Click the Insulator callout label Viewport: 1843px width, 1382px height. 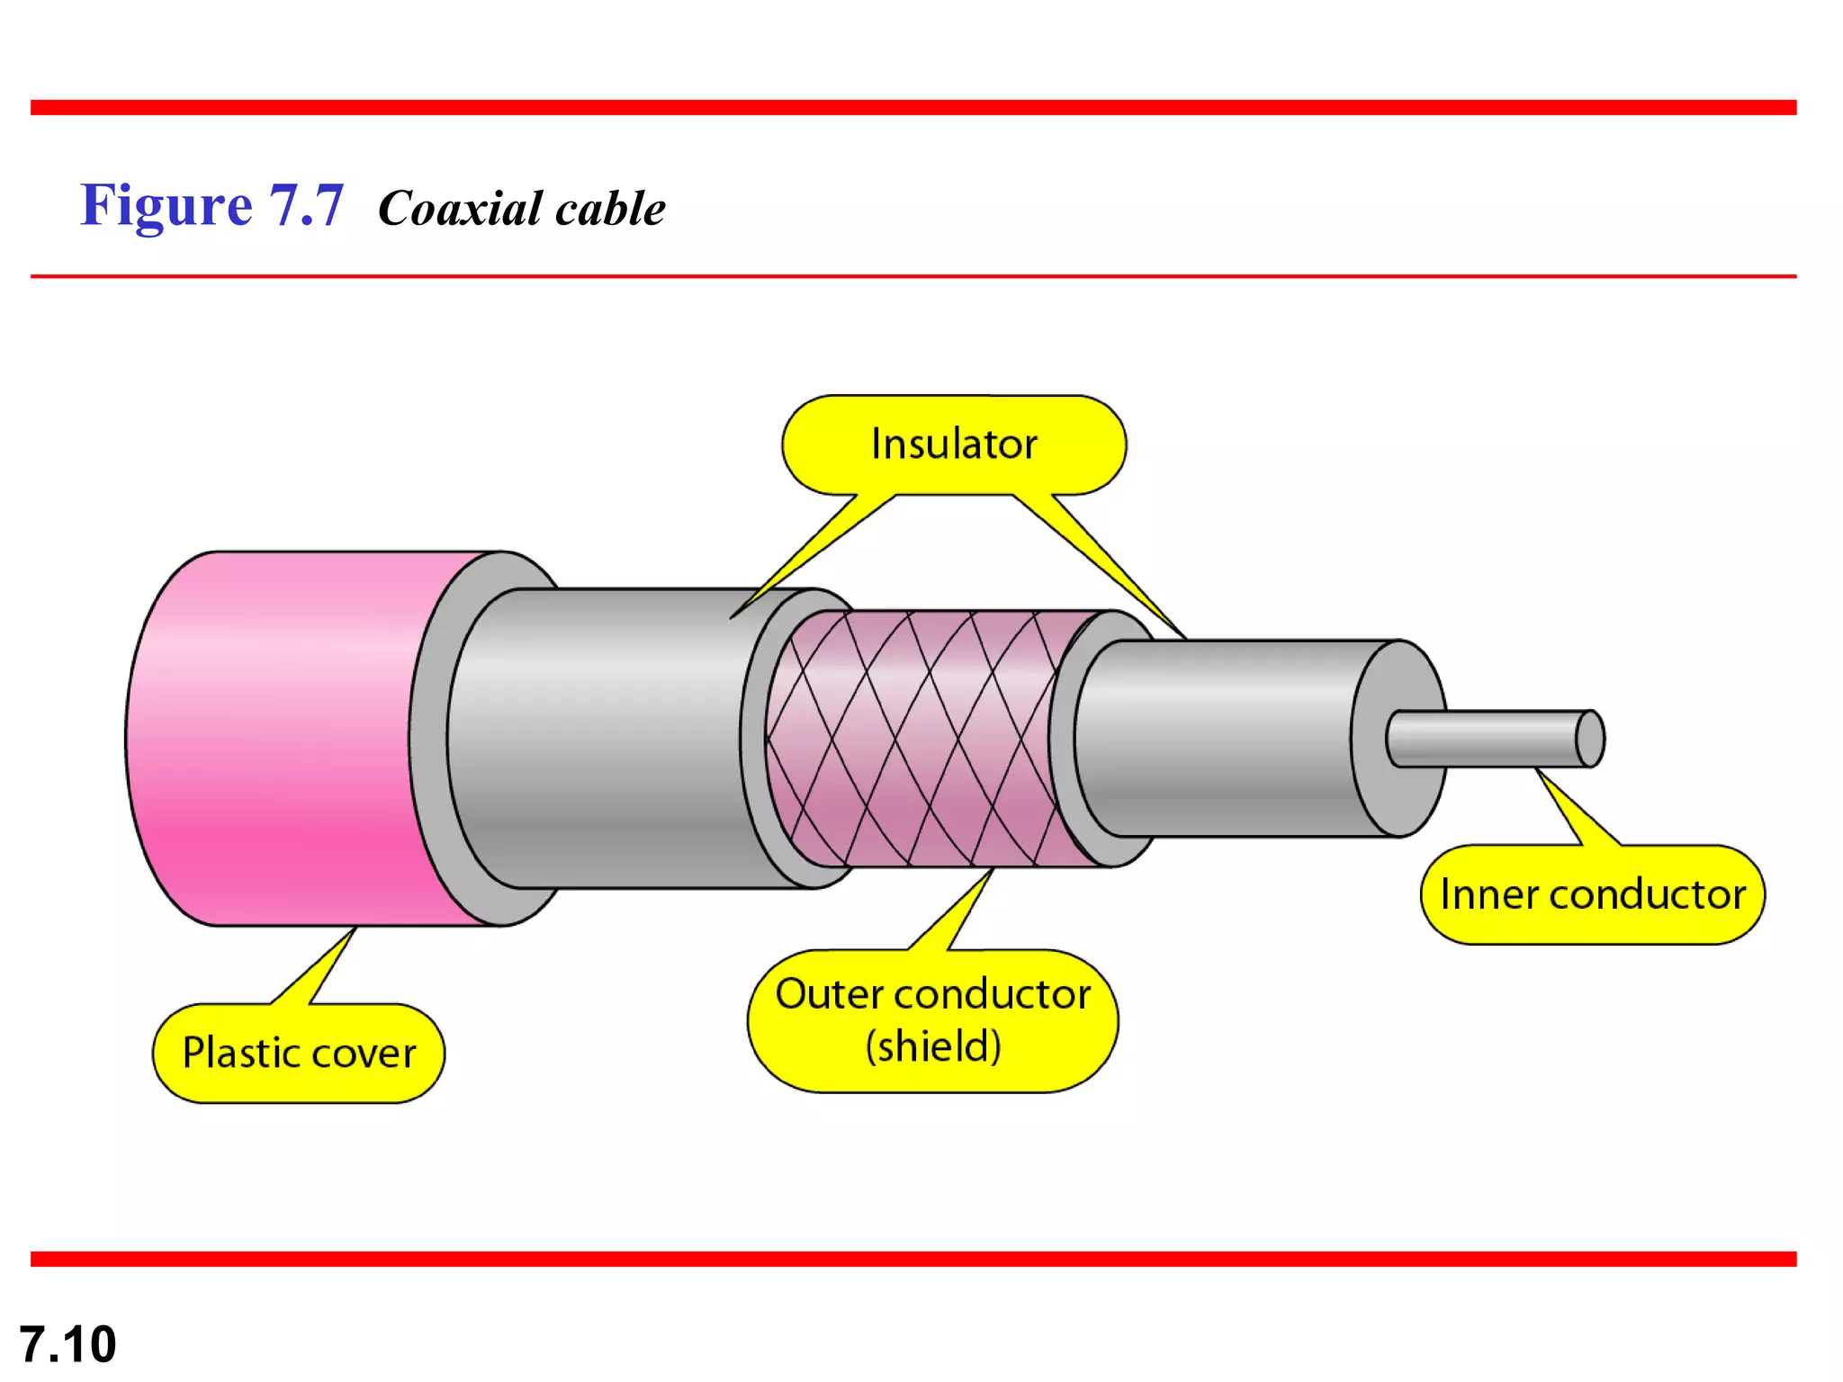[954, 444]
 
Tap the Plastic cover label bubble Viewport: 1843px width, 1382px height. [299, 1053]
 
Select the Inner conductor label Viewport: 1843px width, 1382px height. [1592, 894]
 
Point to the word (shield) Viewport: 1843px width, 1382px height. [933, 1046]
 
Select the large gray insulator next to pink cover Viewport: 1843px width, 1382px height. [612, 738]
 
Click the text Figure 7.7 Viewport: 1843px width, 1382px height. [212, 205]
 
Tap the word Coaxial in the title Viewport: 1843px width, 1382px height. [459, 209]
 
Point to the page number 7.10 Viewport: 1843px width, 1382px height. [67, 1344]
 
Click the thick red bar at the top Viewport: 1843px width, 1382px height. [913, 108]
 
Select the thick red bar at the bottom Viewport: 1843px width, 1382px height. [913, 1259]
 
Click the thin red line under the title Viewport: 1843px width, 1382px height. [913, 276]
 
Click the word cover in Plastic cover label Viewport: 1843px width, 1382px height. [364, 1053]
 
